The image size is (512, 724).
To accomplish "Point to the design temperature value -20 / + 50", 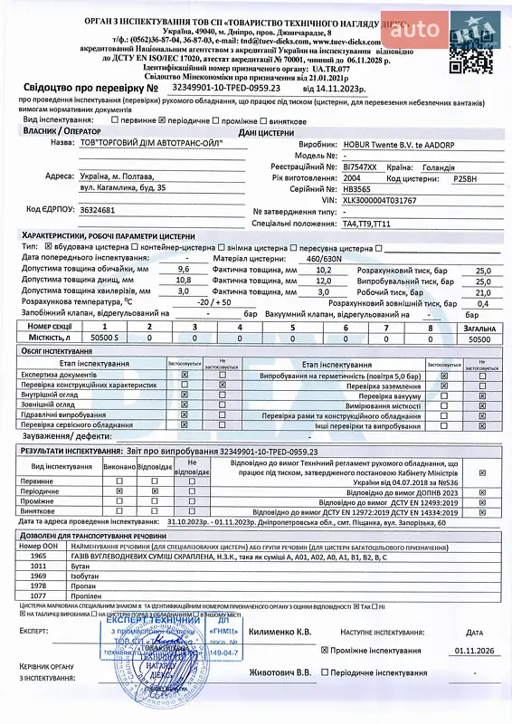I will tap(216, 301).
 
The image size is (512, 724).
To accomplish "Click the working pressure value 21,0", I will tap(483, 291).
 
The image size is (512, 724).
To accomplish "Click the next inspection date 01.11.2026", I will tap(475, 650).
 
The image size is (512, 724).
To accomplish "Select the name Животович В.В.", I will tap(280, 672).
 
